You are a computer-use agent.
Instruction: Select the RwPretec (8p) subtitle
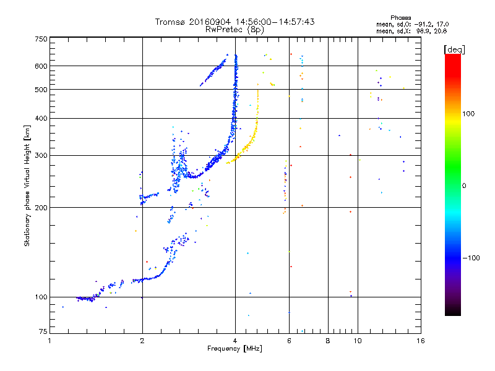tap(235, 30)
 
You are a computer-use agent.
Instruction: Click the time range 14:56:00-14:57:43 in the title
tap(275, 22)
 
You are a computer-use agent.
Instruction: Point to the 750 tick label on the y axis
tap(41, 39)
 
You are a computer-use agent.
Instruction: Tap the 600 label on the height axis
tap(41, 66)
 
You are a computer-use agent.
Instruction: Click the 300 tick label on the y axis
tap(41, 155)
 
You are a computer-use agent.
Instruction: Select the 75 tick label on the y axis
tap(43, 331)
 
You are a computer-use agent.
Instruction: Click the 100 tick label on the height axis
tap(41, 297)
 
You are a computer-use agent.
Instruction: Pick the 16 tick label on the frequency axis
tap(421, 341)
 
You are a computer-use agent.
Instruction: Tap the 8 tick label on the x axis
tap(328, 341)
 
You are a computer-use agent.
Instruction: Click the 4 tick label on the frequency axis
tap(235, 341)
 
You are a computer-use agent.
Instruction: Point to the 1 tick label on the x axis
tap(50, 341)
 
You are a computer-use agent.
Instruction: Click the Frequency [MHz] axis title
tap(235, 349)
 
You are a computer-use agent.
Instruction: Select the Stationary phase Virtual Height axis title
tap(27, 185)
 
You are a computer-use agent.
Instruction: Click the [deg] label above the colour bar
tap(454, 49)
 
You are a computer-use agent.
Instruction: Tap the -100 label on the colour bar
tap(471, 258)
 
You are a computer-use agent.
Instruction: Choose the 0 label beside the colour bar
tap(464, 186)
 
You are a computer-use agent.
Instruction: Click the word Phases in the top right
tap(400, 18)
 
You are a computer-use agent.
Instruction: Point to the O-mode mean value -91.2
tap(423, 24)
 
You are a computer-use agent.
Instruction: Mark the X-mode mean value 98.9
tap(423, 31)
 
